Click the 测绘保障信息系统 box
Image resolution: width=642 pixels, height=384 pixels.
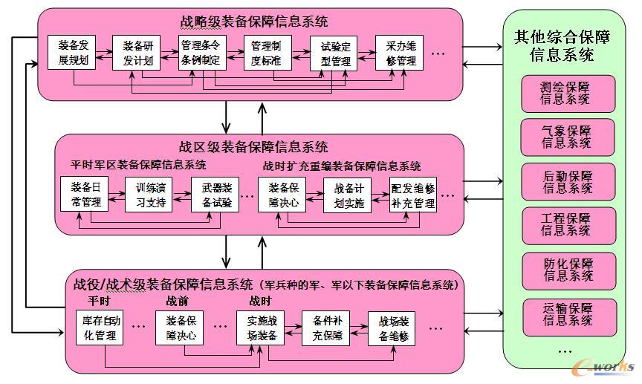(x=568, y=93)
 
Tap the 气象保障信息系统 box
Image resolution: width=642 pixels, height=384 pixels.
(x=568, y=137)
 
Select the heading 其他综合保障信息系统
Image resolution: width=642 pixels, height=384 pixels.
(x=564, y=45)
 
